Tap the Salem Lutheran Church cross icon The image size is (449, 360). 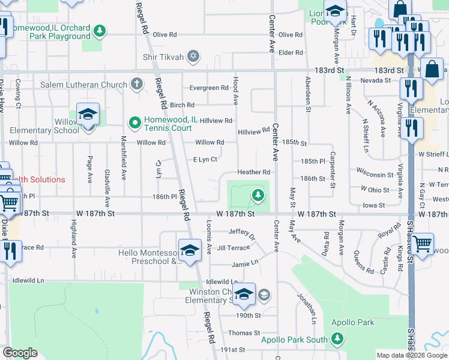[137, 85]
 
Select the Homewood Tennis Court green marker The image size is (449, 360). [135, 124]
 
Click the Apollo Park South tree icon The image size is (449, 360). [337, 340]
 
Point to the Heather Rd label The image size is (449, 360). [254, 172]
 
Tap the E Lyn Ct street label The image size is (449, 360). [205, 159]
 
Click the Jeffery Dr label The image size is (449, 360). [242, 232]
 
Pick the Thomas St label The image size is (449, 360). [244, 332]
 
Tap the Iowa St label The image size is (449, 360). [373, 205]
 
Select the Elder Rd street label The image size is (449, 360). [291, 53]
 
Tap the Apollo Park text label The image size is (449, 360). [353, 322]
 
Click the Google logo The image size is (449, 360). [20, 353]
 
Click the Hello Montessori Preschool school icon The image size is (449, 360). [190, 251]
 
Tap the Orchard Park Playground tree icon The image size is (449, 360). [100, 30]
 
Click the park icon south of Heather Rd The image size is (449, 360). [258, 194]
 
